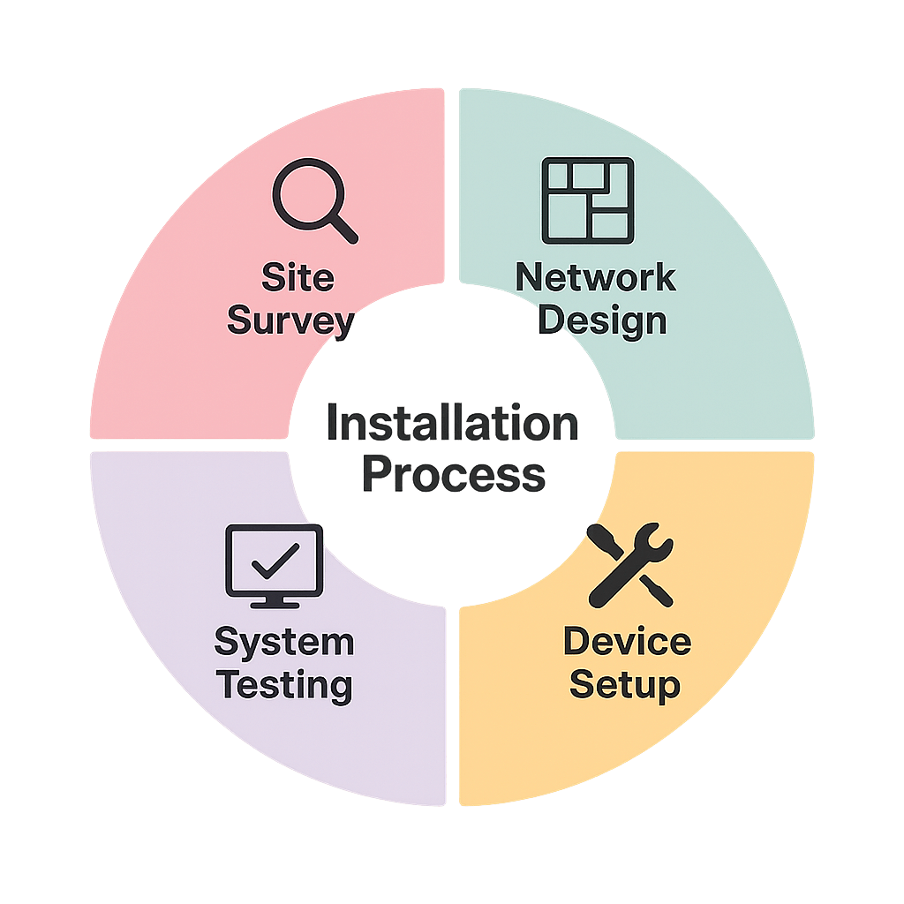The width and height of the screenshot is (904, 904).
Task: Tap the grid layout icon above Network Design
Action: pyautogui.click(x=587, y=200)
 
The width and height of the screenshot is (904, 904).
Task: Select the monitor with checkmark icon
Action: pyautogui.click(x=275, y=566)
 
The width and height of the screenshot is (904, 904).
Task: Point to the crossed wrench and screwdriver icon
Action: pyautogui.click(x=629, y=565)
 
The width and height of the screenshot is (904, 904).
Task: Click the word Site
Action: pyautogui.click(x=298, y=279)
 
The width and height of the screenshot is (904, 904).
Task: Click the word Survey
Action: pyautogui.click(x=291, y=320)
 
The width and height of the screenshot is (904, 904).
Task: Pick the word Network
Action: pyautogui.click(x=595, y=278)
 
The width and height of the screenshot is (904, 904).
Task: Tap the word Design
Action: pyautogui.click(x=602, y=320)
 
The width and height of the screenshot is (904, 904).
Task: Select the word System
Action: pyautogui.click(x=283, y=642)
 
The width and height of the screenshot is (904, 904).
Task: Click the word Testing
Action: pyautogui.click(x=284, y=684)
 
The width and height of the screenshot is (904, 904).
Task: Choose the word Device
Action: pyautogui.click(x=627, y=642)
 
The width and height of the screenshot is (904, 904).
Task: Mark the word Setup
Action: pyautogui.click(x=624, y=684)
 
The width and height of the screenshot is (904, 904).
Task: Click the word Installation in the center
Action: pyautogui.click(x=452, y=425)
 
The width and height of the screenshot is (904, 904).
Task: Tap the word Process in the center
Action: pyautogui.click(x=453, y=475)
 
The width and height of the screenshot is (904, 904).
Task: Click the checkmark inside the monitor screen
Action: pyautogui.click(x=275, y=559)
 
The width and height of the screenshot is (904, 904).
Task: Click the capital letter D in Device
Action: pyautogui.click(x=576, y=642)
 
